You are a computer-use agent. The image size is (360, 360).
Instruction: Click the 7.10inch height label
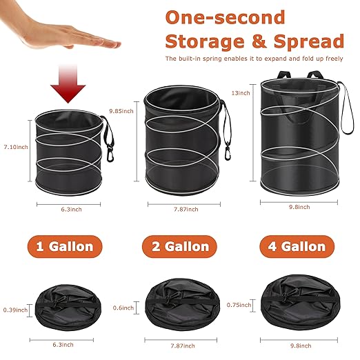click(x=14, y=146)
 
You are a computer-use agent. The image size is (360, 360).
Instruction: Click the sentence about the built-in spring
click(x=254, y=59)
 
